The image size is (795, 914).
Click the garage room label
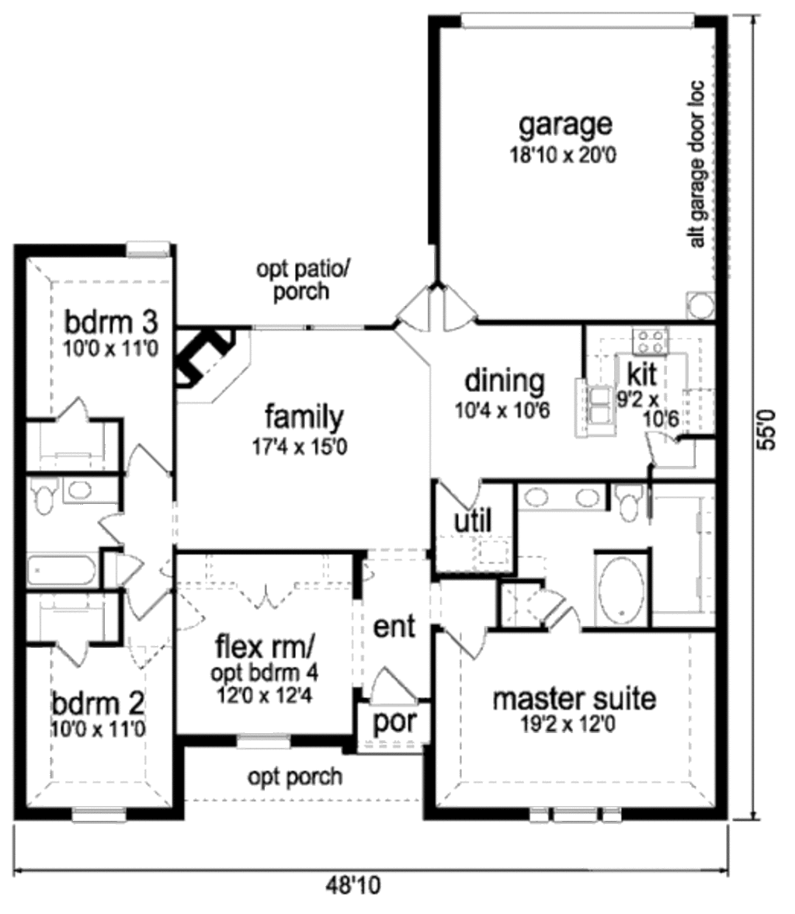pyautogui.click(x=565, y=126)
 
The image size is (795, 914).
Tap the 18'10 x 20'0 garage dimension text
pyautogui.click(x=563, y=155)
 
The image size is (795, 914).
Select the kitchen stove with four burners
pyautogui.click(x=651, y=341)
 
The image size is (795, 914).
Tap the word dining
pyautogui.click(x=505, y=382)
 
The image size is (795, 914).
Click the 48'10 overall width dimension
pyautogui.click(x=352, y=886)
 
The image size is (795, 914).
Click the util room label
pyautogui.click(x=473, y=520)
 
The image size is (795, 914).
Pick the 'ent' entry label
pyautogui.click(x=394, y=627)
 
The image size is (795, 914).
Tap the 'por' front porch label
pyautogui.click(x=394, y=721)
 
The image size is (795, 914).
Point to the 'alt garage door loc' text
pyautogui.click(x=697, y=164)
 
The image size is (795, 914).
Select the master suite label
pyautogui.click(x=574, y=698)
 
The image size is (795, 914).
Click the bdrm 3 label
pyautogui.click(x=111, y=321)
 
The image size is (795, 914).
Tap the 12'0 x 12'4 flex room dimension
pyautogui.click(x=264, y=696)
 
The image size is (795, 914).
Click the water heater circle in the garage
pyautogui.click(x=700, y=305)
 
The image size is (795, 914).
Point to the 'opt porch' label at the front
pyautogui.click(x=295, y=777)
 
